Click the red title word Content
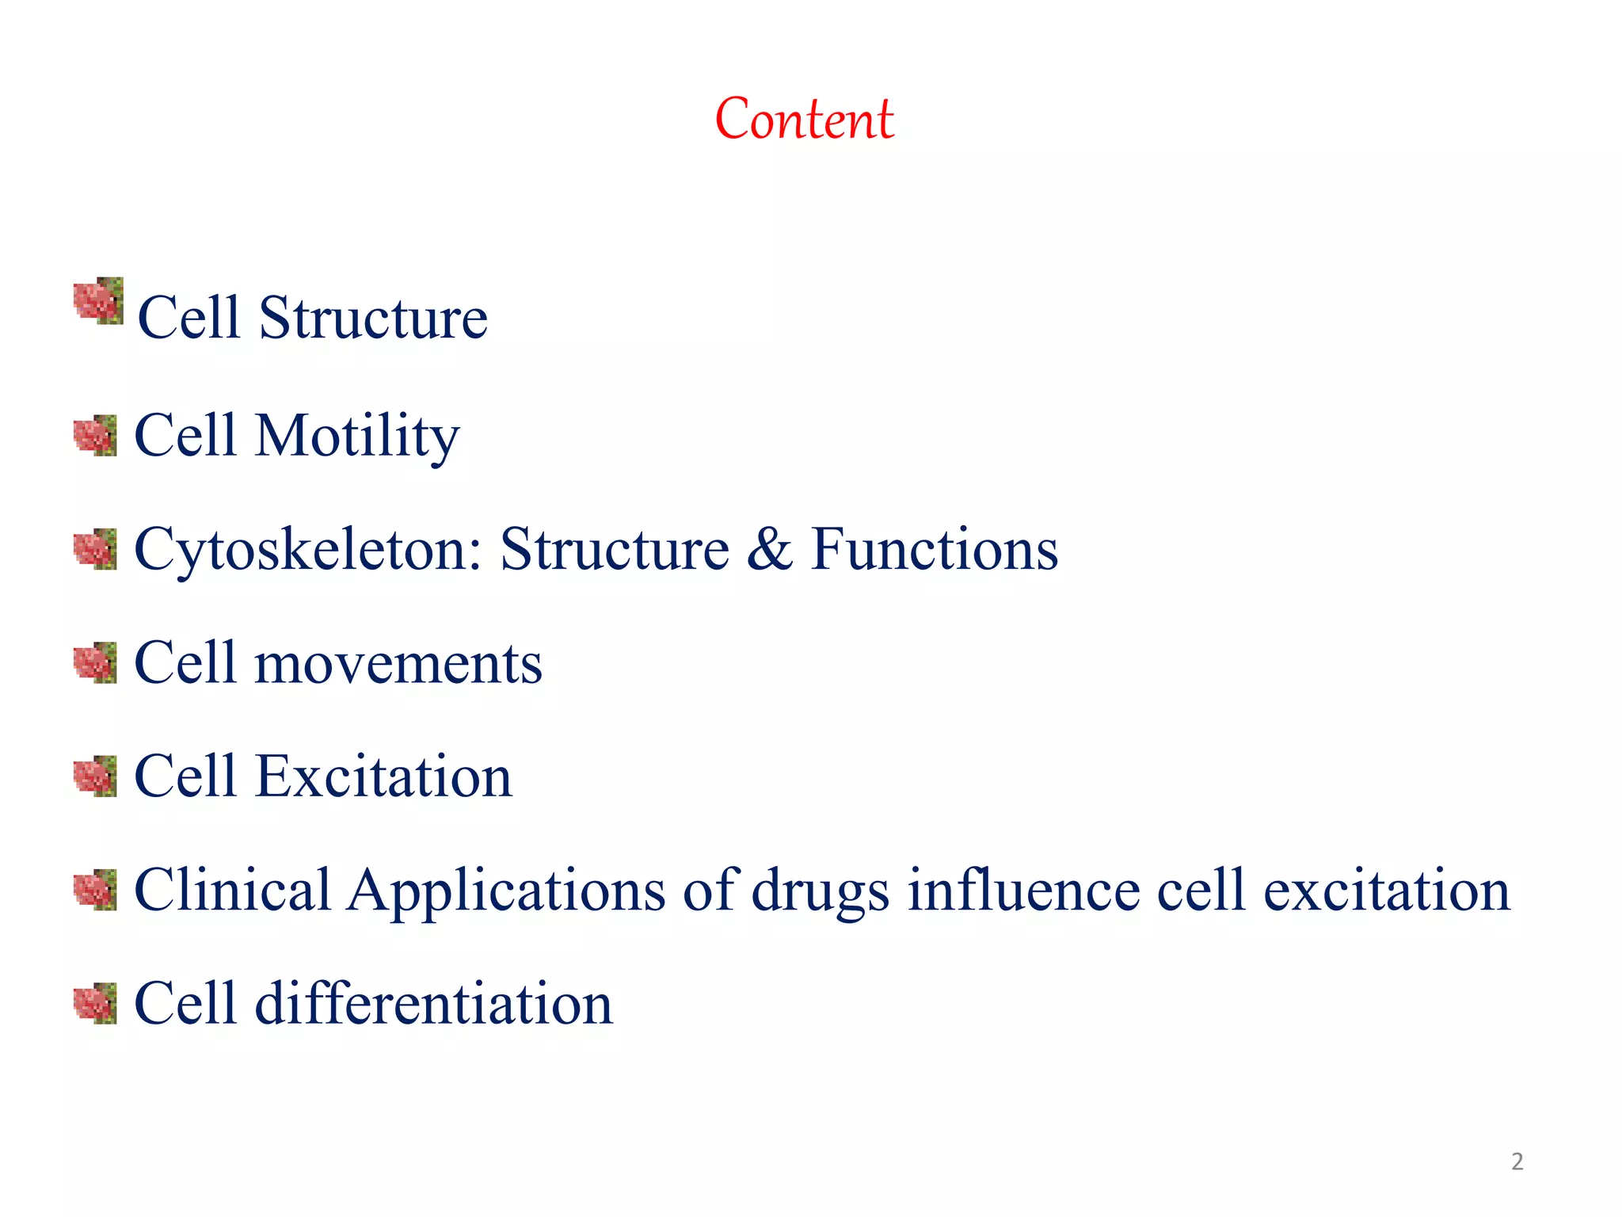coord(804,119)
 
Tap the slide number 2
coord(1517,1162)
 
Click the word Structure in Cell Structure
coord(373,318)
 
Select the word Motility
coord(356,436)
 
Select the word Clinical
coord(232,890)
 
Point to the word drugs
coord(820,891)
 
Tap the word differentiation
coord(433,1003)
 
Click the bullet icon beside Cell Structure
coord(98,301)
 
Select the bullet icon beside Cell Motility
coord(95,435)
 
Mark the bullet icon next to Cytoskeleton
coord(95,549)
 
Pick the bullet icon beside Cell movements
coord(95,662)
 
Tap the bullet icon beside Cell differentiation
coord(95,1003)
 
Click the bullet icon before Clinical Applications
coord(95,890)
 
